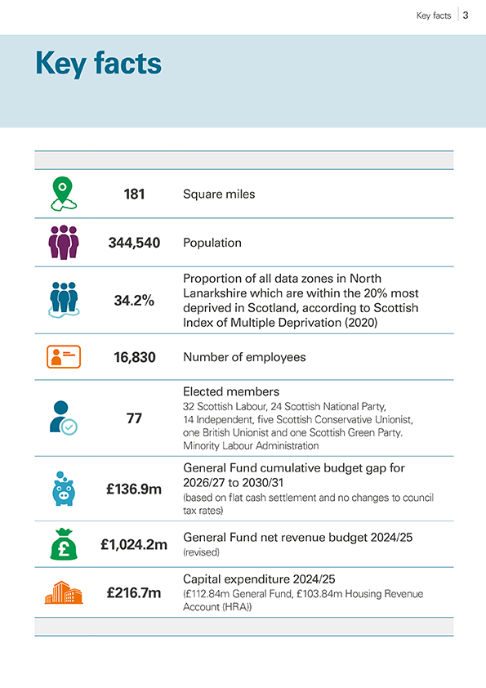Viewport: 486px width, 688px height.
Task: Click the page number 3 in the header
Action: pyautogui.click(x=465, y=15)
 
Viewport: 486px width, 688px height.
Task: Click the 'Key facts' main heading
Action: pyautogui.click(x=98, y=64)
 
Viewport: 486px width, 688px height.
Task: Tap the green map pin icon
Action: pyautogui.click(x=63, y=194)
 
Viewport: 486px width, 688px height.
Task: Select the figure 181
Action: pyautogui.click(x=134, y=194)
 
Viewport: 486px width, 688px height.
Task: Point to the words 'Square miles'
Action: pyautogui.click(x=219, y=194)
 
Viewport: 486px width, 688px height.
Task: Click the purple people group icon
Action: pyautogui.click(x=63, y=243)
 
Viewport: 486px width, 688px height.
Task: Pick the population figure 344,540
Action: pyautogui.click(x=134, y=243)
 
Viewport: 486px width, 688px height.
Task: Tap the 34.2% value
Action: pyautogui.click(x=134, y=301)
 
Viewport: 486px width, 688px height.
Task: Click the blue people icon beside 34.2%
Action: pyautogui.click(x=63, y=300)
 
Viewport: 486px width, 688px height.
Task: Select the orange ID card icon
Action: pyautogui.click(x=63, y=357)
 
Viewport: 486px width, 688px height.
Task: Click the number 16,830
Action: pyautogui.click(x=134, y=357)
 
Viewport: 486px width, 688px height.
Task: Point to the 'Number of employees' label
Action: pyautogui.click(x=244, y=357)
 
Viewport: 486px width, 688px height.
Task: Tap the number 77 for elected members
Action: pyautogui.click(x=134, y=418)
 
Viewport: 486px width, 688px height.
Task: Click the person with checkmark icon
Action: pyautogui.click(x=63, y=418)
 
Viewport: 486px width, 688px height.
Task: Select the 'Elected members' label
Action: pyautogui.click(x=231, y=391)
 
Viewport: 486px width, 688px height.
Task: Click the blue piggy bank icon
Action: pyautogui.click(x=63, y=489)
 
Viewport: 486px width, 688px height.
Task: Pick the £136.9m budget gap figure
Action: pyautogui.click(x=134, y=489)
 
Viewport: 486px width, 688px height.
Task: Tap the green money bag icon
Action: pyautogui.click(x=63, y=543)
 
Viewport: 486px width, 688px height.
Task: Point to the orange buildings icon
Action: pyautogui.click(x=63, y=592)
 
